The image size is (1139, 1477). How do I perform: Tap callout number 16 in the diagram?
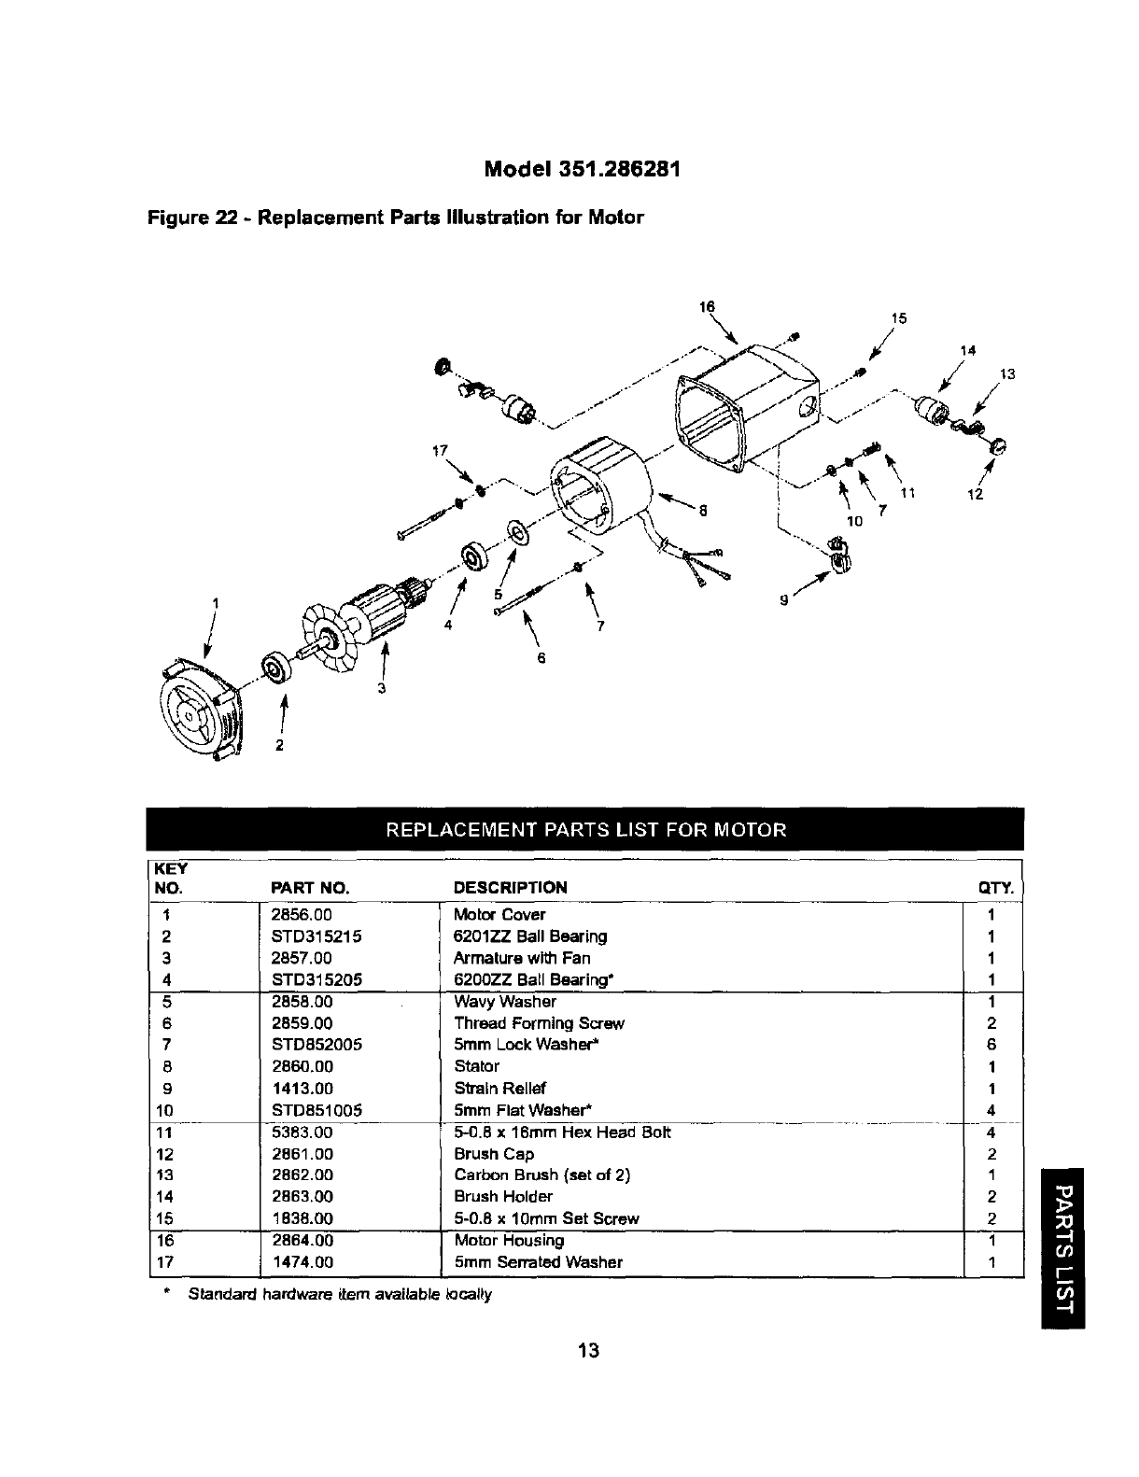[x=707, y=307]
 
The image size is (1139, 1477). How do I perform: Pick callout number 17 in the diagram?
[x=434, y=452]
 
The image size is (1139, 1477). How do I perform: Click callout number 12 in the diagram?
[x=975, y=495]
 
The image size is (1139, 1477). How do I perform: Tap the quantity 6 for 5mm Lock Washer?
[x=991, y=1045]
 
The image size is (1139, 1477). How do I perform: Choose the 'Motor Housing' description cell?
[x=509, y=1241]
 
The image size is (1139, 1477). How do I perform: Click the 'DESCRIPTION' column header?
[x=510, y=887]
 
